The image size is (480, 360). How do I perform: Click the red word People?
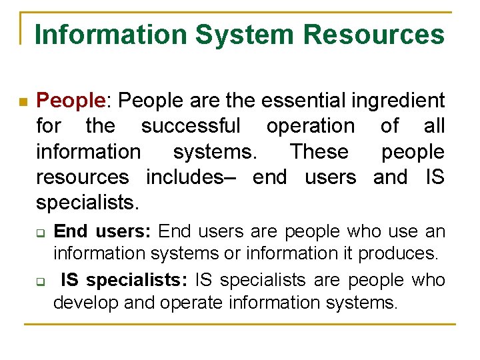[69, 101]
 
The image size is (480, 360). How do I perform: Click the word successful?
[191, 126]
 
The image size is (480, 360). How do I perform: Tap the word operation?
[311, 127]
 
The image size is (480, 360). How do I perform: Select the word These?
[319, 151]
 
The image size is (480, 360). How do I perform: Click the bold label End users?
[103, 231]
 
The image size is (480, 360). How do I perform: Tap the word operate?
[191, 303]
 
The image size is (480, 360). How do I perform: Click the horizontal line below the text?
[240, 325]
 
